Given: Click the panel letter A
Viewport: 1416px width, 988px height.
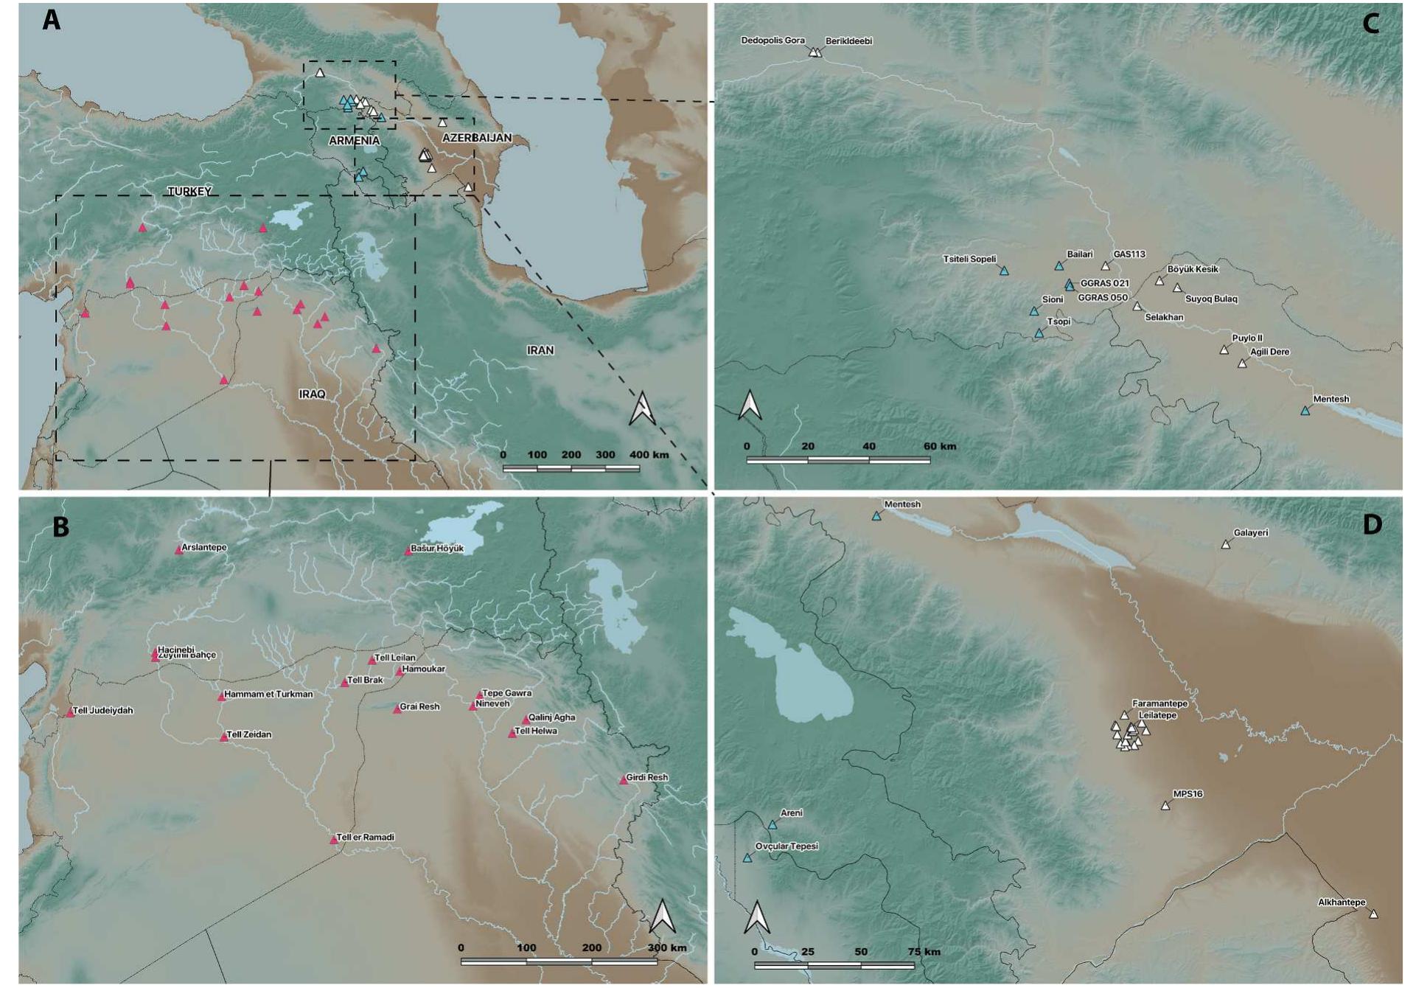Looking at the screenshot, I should (x=51, y=21).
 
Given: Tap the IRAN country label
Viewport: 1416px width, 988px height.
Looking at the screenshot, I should (x=540, y=350).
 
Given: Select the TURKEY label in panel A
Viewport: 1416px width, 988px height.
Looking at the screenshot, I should (x=189, y=192).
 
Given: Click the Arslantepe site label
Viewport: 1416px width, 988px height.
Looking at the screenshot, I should (x=204, y=548).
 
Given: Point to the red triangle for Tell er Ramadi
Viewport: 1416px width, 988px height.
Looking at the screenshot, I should (x=334, y=840).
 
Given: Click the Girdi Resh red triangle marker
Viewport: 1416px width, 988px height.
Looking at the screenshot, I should (x=624, y=780).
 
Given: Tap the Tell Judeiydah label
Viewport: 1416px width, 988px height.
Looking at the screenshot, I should (x=104, y=711).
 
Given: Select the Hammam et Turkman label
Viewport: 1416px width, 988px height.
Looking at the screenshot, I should (x=268, y=695).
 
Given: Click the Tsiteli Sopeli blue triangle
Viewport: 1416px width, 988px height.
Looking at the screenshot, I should (x=1004, y=271).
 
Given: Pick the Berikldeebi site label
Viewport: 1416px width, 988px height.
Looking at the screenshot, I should (x=848, y=41).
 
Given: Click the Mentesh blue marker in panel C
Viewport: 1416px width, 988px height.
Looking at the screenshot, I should (x=1305, y=411).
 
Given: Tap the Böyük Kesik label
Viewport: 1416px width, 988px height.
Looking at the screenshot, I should (x=1193, y=270).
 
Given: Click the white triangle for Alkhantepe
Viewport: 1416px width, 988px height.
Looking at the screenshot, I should (x=1373, y=914).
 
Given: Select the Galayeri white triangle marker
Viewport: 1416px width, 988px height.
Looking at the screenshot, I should (x=1226, y=545).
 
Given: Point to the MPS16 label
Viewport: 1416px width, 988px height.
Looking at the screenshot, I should (x=1187, y=794).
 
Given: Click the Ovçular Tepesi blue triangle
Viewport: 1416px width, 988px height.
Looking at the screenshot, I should (x=747, y=858).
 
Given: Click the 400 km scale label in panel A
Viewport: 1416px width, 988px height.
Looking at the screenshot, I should (x=649, y=455).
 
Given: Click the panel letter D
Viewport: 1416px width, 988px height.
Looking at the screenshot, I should (x=1372, y=524).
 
